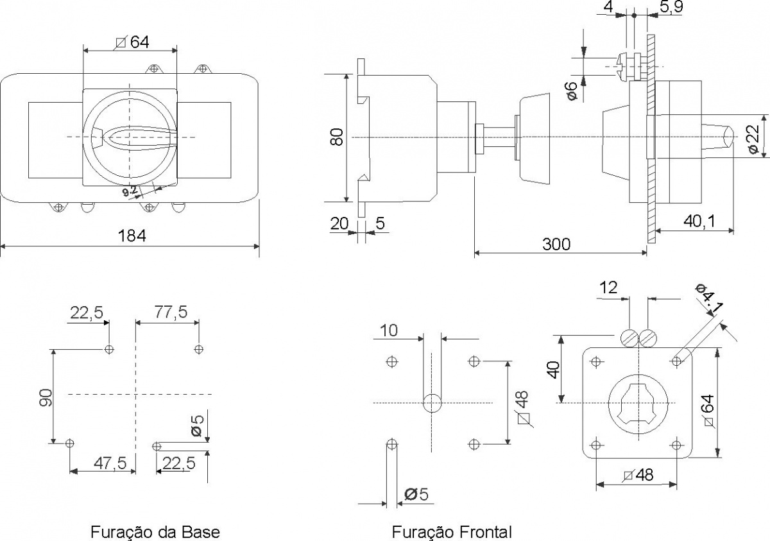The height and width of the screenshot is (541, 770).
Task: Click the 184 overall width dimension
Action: (132, 236)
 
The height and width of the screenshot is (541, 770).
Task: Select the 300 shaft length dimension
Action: (556, 244)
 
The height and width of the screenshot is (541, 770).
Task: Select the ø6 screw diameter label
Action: (572, 90)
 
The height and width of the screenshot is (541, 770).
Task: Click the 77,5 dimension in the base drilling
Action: (171, 312)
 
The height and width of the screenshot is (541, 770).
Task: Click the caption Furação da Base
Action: (155, 532)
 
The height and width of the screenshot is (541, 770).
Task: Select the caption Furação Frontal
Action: (452, 532)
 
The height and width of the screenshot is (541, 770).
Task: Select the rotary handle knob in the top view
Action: (130, 137)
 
